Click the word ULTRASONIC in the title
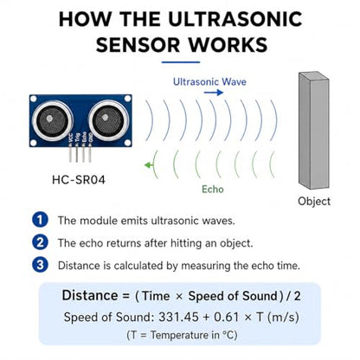(235, 19)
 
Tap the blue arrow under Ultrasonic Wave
(214, 93)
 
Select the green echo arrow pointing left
(149, 165)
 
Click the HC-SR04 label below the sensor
(79, 180)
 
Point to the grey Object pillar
(313, 131)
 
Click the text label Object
(314, 201)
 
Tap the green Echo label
(213, 190)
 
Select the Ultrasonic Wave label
(209, 81)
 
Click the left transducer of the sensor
(52, 119)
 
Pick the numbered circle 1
(40, 220)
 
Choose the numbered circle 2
(40, 242)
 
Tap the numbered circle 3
(40, 265)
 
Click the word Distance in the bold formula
(90, 296)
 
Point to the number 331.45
(178, 318)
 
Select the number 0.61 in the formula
(227, 318)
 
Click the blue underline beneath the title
(181, 62)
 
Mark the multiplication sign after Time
(179, 297)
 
